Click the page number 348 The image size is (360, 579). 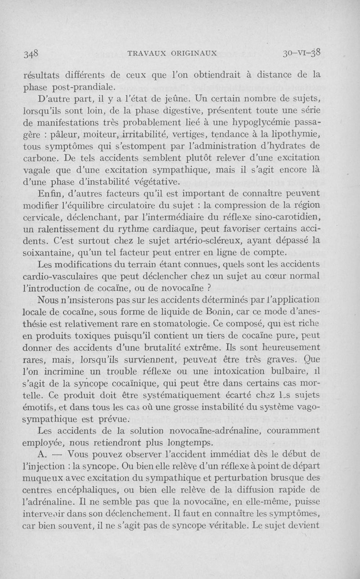(x=31, y=53)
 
